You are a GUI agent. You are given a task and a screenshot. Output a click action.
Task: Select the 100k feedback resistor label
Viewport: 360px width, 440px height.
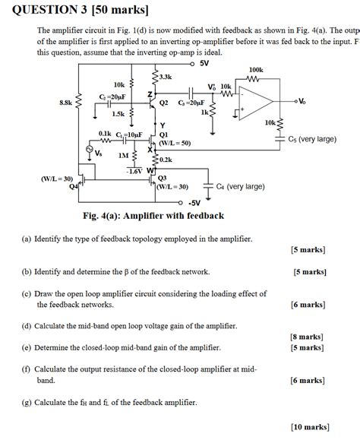[x=256, y=70]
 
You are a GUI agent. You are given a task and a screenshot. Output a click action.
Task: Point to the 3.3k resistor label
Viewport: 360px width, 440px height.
[x=166, y=78]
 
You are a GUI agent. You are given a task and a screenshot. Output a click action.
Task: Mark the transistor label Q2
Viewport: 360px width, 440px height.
[x=163, y=102]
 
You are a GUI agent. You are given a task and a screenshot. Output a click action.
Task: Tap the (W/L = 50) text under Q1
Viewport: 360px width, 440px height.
[x=175, y=143]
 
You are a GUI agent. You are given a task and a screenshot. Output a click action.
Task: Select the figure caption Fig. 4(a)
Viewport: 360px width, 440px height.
[x=153, y=216]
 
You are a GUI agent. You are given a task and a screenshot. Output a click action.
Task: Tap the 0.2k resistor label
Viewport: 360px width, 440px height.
[x=166, y=160]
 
